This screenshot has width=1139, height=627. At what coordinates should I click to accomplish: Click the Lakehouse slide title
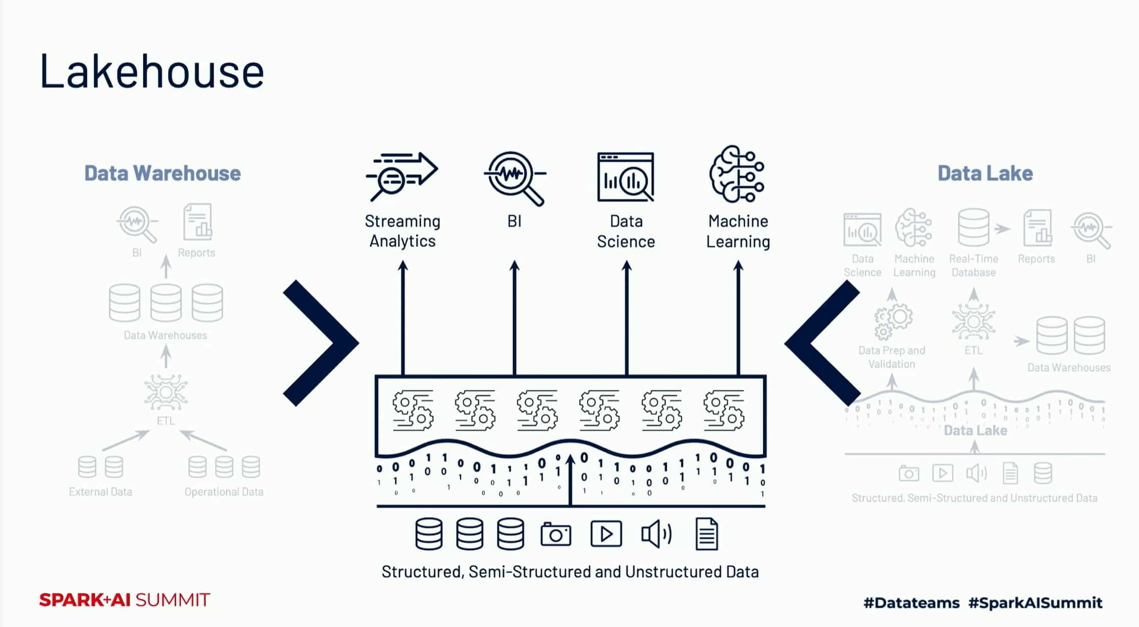pos(152,71)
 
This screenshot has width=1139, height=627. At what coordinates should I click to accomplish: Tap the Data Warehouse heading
pos(162,173)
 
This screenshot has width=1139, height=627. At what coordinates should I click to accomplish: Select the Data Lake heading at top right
pos(985,173)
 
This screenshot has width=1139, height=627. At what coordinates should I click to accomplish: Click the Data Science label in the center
pos(626,231)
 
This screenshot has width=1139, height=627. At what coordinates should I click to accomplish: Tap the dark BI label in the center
pos(514,221)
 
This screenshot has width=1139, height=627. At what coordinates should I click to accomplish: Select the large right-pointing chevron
pos(321,343)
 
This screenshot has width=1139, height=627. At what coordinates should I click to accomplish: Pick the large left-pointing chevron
pos(822,343)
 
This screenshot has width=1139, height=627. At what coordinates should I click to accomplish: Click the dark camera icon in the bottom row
pos(556,535)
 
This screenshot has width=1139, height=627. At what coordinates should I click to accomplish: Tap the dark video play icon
pos(606,535)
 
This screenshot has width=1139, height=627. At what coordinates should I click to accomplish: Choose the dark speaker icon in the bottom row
pos(656,535)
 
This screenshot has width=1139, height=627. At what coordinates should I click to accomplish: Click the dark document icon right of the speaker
pos(707,535)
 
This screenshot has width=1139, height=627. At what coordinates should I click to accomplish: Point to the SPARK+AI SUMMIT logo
pos(125,600)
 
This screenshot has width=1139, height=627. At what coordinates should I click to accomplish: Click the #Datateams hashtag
pos(912,603)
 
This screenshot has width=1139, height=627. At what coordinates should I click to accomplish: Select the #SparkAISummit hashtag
pos(1035,603)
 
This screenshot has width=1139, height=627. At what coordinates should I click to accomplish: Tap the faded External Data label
pos(101,492)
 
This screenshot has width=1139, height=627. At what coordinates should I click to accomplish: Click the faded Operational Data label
pos(224,492)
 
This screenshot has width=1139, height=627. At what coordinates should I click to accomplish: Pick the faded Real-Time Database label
pos(974,266)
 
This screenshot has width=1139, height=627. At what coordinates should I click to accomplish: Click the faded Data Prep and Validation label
pos(892,357)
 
